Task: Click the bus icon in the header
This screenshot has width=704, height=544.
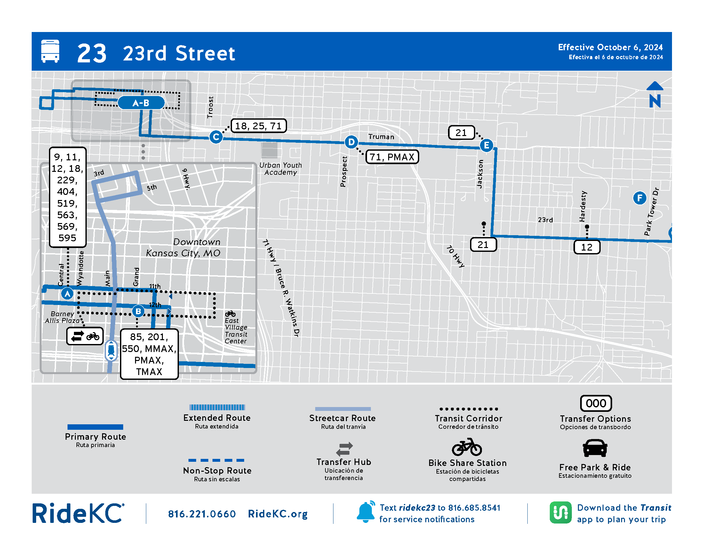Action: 50,51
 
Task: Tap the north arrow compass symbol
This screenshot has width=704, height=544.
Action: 655,95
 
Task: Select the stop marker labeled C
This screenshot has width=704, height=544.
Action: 216,137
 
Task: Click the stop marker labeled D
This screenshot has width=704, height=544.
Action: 351,142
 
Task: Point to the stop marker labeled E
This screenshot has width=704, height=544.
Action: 486,145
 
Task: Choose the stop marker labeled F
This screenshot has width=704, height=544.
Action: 640,198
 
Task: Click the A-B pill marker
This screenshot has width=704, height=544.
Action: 141,103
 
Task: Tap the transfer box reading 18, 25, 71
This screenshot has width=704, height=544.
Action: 259,126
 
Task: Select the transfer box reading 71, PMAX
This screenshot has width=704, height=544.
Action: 392,157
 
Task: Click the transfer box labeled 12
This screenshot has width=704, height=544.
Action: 587,247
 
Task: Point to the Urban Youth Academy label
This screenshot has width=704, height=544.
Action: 280,169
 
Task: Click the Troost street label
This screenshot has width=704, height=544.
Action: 210,107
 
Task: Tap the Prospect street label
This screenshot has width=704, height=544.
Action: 344,172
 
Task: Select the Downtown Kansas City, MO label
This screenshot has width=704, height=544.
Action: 184,247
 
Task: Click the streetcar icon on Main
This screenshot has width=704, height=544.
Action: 111,350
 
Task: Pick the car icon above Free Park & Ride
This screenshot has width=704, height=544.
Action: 595,448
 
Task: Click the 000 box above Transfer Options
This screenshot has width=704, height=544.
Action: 596,403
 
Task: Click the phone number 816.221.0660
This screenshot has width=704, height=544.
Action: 202,514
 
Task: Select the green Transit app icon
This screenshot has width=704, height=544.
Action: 560,512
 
